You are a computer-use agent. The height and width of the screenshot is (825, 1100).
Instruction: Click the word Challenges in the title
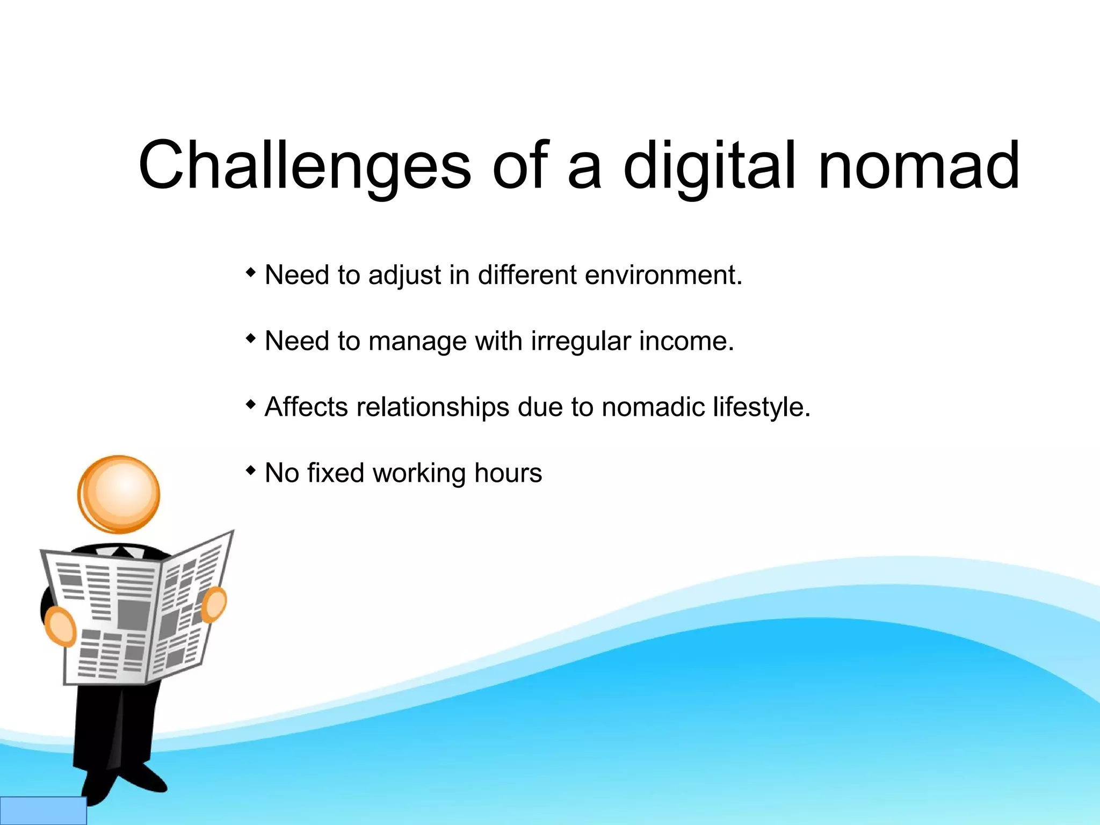point(305,165)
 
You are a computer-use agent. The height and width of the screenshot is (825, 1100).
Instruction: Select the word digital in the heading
point(708,165)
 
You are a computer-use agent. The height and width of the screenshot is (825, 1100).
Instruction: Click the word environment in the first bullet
point(663,275)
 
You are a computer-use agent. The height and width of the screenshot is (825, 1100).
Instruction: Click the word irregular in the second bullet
point(581,342)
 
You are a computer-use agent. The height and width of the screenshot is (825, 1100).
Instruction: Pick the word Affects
point(306,407)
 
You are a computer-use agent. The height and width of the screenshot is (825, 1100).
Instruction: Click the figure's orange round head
point(119,494)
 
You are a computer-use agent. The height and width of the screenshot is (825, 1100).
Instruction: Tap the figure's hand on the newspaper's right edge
point(214,604)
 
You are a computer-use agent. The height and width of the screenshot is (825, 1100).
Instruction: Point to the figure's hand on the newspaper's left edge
point(60,627)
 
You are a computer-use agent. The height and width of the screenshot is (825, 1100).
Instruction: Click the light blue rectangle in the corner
point(43,810)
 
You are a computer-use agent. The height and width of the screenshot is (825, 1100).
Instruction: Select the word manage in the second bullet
point(417,342)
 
